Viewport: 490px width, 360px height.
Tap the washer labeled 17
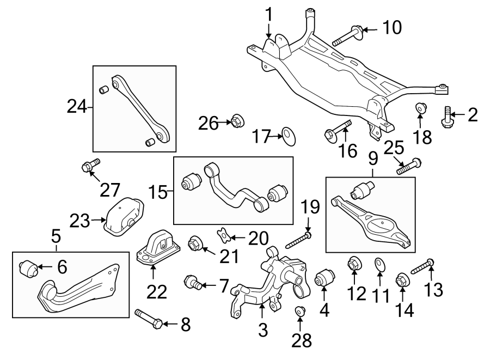289,135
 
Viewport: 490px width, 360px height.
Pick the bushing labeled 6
28,269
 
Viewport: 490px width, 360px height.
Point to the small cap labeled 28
299,311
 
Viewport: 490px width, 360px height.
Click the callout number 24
77,107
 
